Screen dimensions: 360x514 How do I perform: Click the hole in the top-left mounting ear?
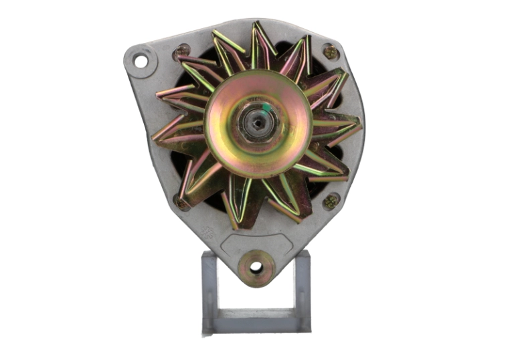click(x=141, y=62)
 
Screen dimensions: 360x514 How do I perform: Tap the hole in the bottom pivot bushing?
click(x=256, y=267)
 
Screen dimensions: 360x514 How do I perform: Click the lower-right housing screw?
click(x=331, y=201)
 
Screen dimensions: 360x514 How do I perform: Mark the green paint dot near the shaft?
click(x=267, y=107)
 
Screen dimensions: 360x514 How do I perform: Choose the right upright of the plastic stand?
click(x=303, y=288)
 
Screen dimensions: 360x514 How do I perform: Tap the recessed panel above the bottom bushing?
click(x=256, y=241)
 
